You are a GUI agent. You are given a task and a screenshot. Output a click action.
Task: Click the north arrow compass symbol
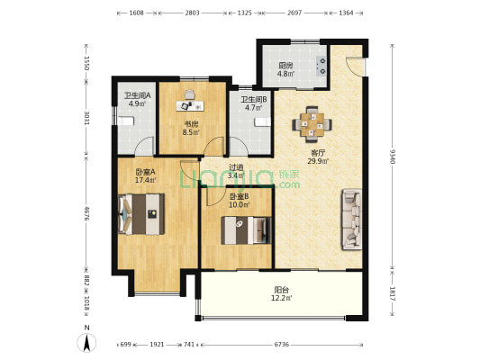coord(86,343)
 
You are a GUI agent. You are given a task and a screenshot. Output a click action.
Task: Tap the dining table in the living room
coord(312,124)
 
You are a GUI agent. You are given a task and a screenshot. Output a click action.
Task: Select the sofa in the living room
coord(352,220)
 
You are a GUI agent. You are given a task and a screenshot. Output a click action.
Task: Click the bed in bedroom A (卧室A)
coord(141,214)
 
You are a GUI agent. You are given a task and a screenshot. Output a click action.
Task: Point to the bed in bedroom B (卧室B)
coord(246,230)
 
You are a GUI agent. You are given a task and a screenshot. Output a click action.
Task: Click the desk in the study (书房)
coord(190,105)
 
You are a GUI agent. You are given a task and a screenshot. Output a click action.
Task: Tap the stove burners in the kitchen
coord(322,67)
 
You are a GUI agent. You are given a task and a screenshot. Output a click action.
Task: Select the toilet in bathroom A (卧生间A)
coord(126,121)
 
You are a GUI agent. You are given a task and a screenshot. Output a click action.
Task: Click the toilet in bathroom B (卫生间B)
coord(263,122)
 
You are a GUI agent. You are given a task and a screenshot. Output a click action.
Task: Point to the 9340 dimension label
coord(392,157)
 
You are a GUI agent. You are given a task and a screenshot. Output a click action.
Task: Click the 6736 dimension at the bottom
coord(281,345)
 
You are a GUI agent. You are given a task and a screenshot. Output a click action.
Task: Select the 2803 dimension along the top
coord(192,13)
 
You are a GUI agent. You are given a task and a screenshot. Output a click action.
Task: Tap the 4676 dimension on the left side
coord(86,214)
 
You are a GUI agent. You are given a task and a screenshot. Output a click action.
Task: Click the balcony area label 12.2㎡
coord(281,298)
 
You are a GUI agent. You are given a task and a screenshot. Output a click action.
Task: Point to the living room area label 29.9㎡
coord(318,161)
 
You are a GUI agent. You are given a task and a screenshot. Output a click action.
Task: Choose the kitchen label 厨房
coord(285,66)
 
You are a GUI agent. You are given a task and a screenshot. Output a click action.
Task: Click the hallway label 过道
coord(236,167)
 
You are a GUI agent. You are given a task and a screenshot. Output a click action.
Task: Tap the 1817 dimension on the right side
coord(392,293)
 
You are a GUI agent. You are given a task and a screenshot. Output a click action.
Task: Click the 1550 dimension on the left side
coord(86,63)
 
